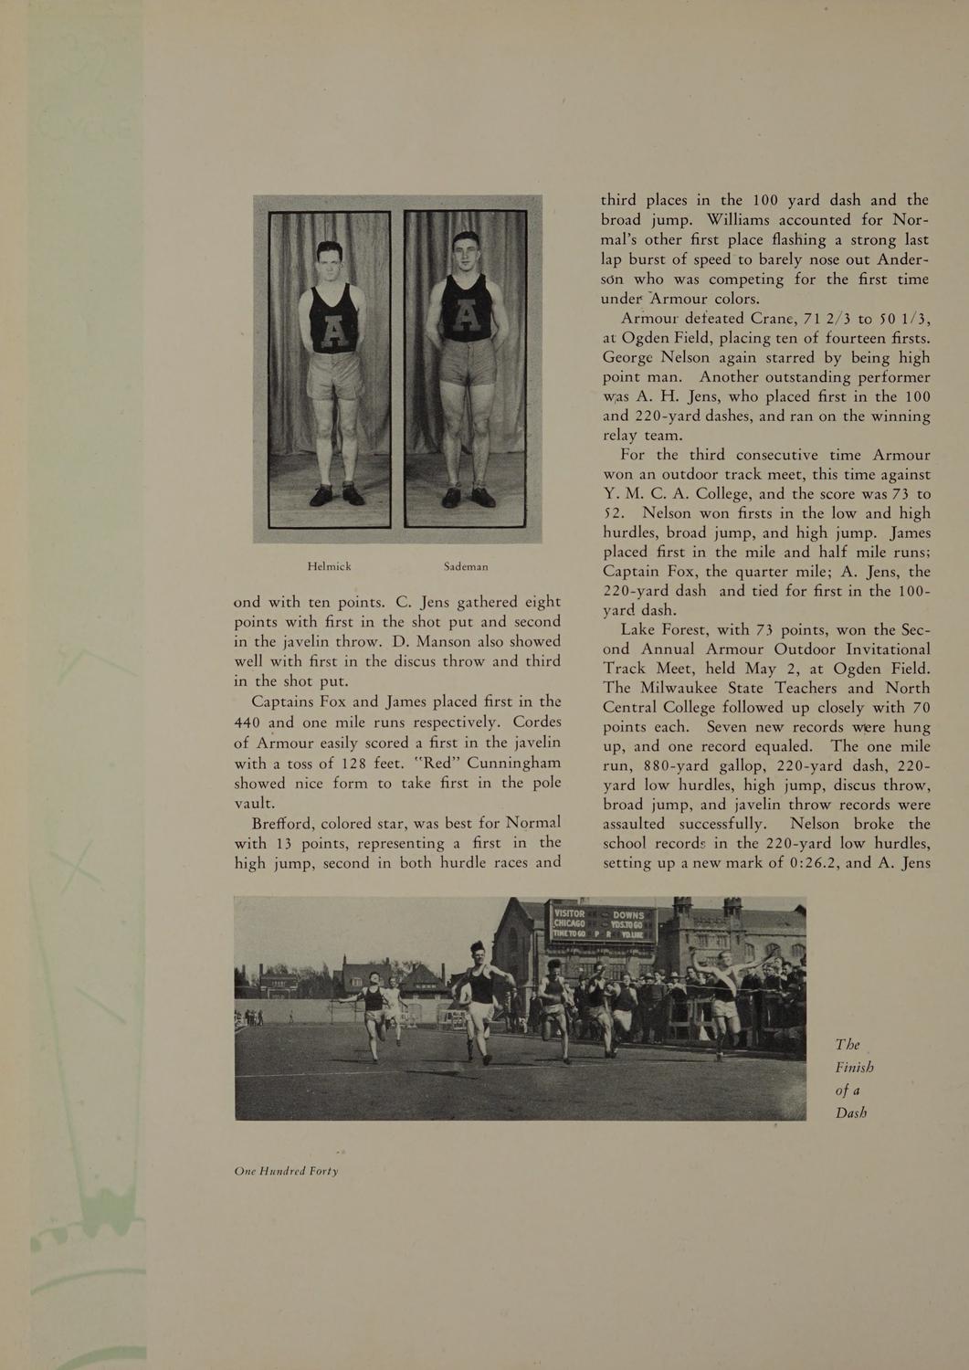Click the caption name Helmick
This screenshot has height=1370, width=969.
[x=329, y=566]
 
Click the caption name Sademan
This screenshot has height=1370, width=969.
[x=466, y=566]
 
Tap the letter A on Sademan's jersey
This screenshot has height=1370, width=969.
[x=467, y=316]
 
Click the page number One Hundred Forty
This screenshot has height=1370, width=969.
[x=286, y=1171]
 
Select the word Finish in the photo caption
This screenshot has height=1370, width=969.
[x=854, y=1067]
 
